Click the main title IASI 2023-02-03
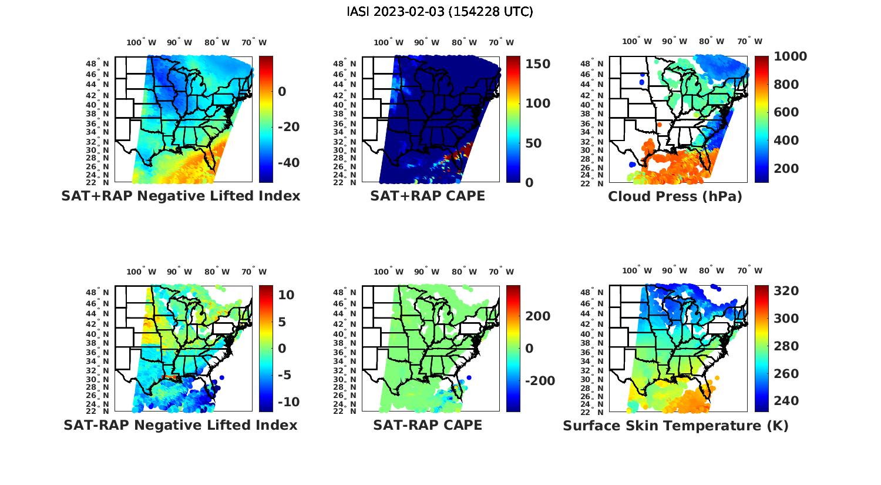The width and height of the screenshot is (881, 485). [x=440, y=12]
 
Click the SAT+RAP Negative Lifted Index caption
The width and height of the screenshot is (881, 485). [x=180, y=196]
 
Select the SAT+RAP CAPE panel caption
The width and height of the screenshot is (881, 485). [x=428, y=196]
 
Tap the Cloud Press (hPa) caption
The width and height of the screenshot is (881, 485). [x=675, y=196]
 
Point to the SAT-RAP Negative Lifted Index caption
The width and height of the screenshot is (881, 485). [x=180, y=425]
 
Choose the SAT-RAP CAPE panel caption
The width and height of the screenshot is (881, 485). [x=428, y=425]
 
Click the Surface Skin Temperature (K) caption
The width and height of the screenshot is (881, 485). [x=675, y=426]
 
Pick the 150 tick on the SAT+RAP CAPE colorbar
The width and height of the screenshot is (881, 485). [x=537, y=64]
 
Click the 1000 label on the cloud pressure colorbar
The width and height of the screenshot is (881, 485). [x=790, y=56]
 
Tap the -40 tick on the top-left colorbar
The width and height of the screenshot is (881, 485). [x=288, y=163]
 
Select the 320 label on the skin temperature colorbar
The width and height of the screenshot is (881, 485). [x=786, y=291]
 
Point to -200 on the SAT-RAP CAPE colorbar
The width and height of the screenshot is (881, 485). [x=539, y=381]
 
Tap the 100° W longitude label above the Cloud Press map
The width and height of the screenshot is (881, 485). [x=637, y=42]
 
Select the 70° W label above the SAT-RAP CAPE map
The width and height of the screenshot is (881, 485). [x=501, y=272]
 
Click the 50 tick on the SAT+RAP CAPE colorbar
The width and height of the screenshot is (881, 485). [x=532, y=143]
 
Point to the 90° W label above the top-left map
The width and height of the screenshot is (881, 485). [x=179, y=42]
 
